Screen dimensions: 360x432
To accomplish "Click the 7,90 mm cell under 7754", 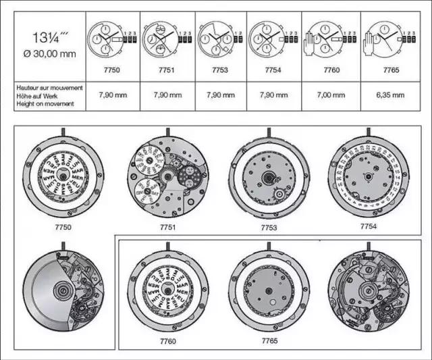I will pos(272,95).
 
